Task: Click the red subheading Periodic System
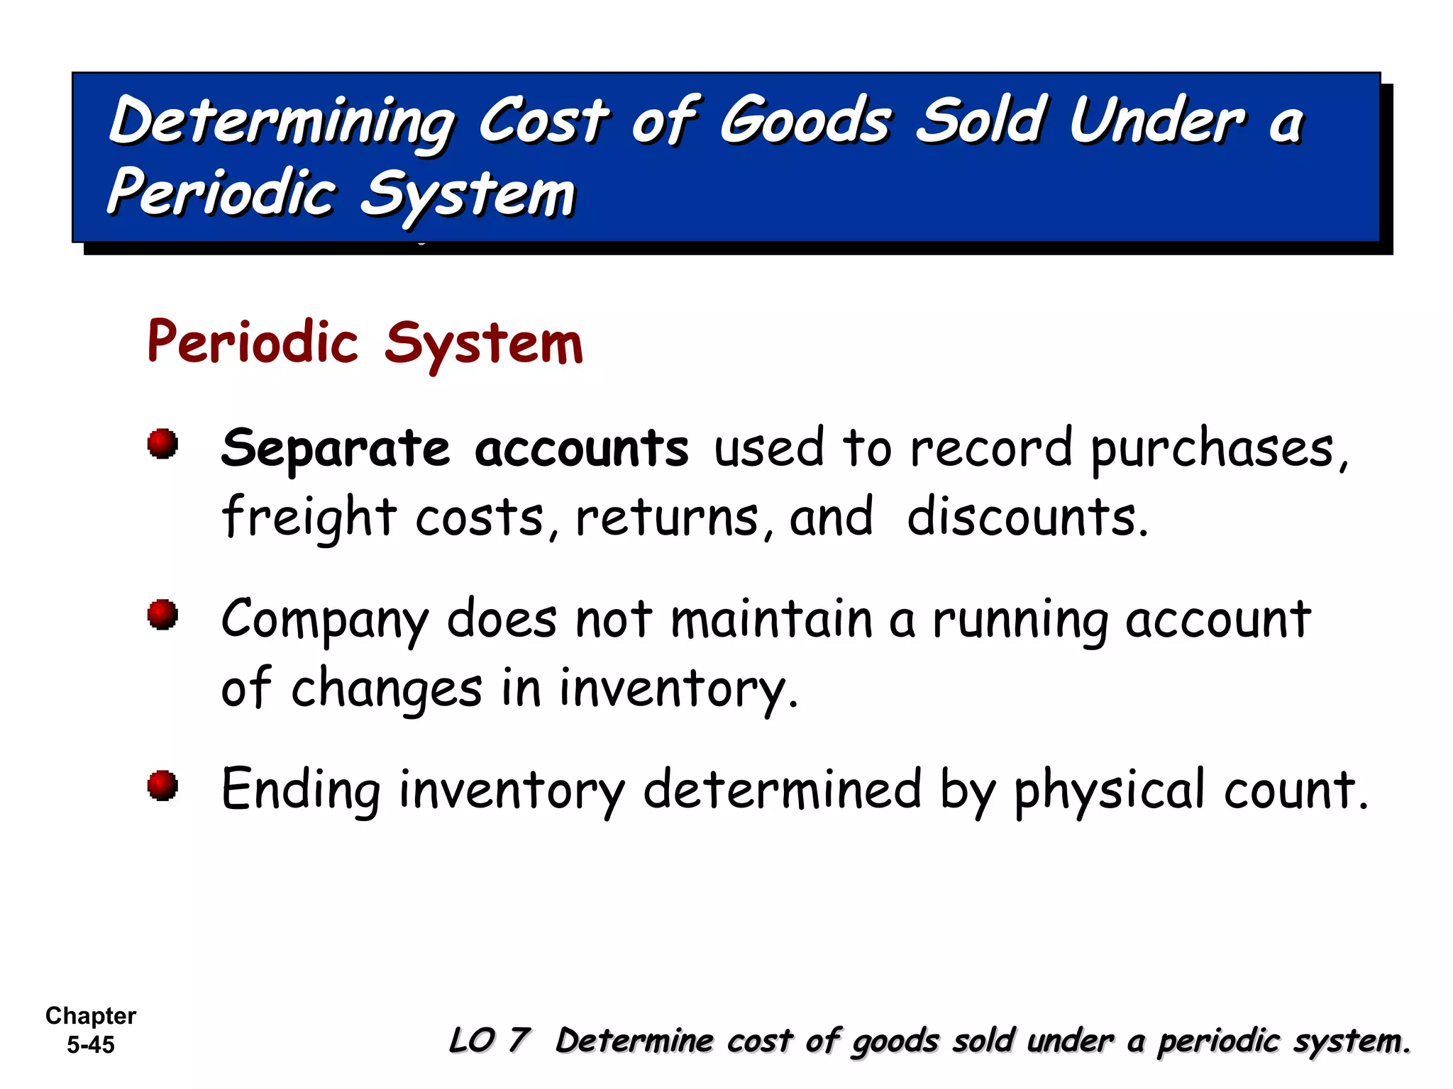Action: tap(365, 343)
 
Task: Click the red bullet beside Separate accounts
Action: tap(162, 444)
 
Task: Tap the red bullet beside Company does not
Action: tap(162, 614)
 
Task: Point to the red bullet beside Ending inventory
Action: tap(162, 786)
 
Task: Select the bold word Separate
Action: tap(336, 449)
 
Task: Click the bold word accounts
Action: tap(582, 449)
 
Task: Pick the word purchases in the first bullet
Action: tap(1213, 449)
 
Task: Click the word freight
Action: tap(309, 518)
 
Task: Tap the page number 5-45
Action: tap(91, 1045)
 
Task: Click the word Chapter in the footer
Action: tap(91, 1016)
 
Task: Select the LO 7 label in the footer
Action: tap(490, 1041)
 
